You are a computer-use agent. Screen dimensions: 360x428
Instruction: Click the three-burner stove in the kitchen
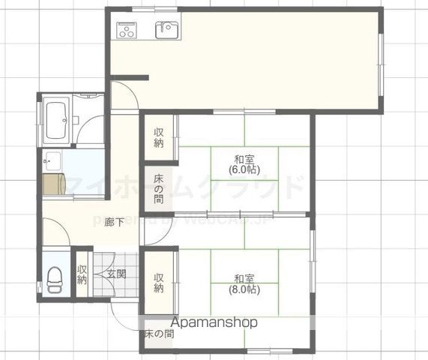coord(126,31)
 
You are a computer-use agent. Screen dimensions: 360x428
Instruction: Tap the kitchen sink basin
coord(166,30)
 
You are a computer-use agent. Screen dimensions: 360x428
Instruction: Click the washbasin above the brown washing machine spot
coord(52,160)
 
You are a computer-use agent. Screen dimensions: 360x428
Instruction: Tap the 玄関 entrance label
coord(115,274)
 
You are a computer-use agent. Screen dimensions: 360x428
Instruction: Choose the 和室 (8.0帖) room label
coord(244,282)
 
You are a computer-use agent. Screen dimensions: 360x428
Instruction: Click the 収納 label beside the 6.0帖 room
coord(159,138)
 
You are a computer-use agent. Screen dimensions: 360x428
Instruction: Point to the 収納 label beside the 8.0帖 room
coord(159,283)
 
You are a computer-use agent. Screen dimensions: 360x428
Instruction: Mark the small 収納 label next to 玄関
coord(82,274)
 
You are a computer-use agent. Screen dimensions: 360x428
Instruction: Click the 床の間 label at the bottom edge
coord(159,334)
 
